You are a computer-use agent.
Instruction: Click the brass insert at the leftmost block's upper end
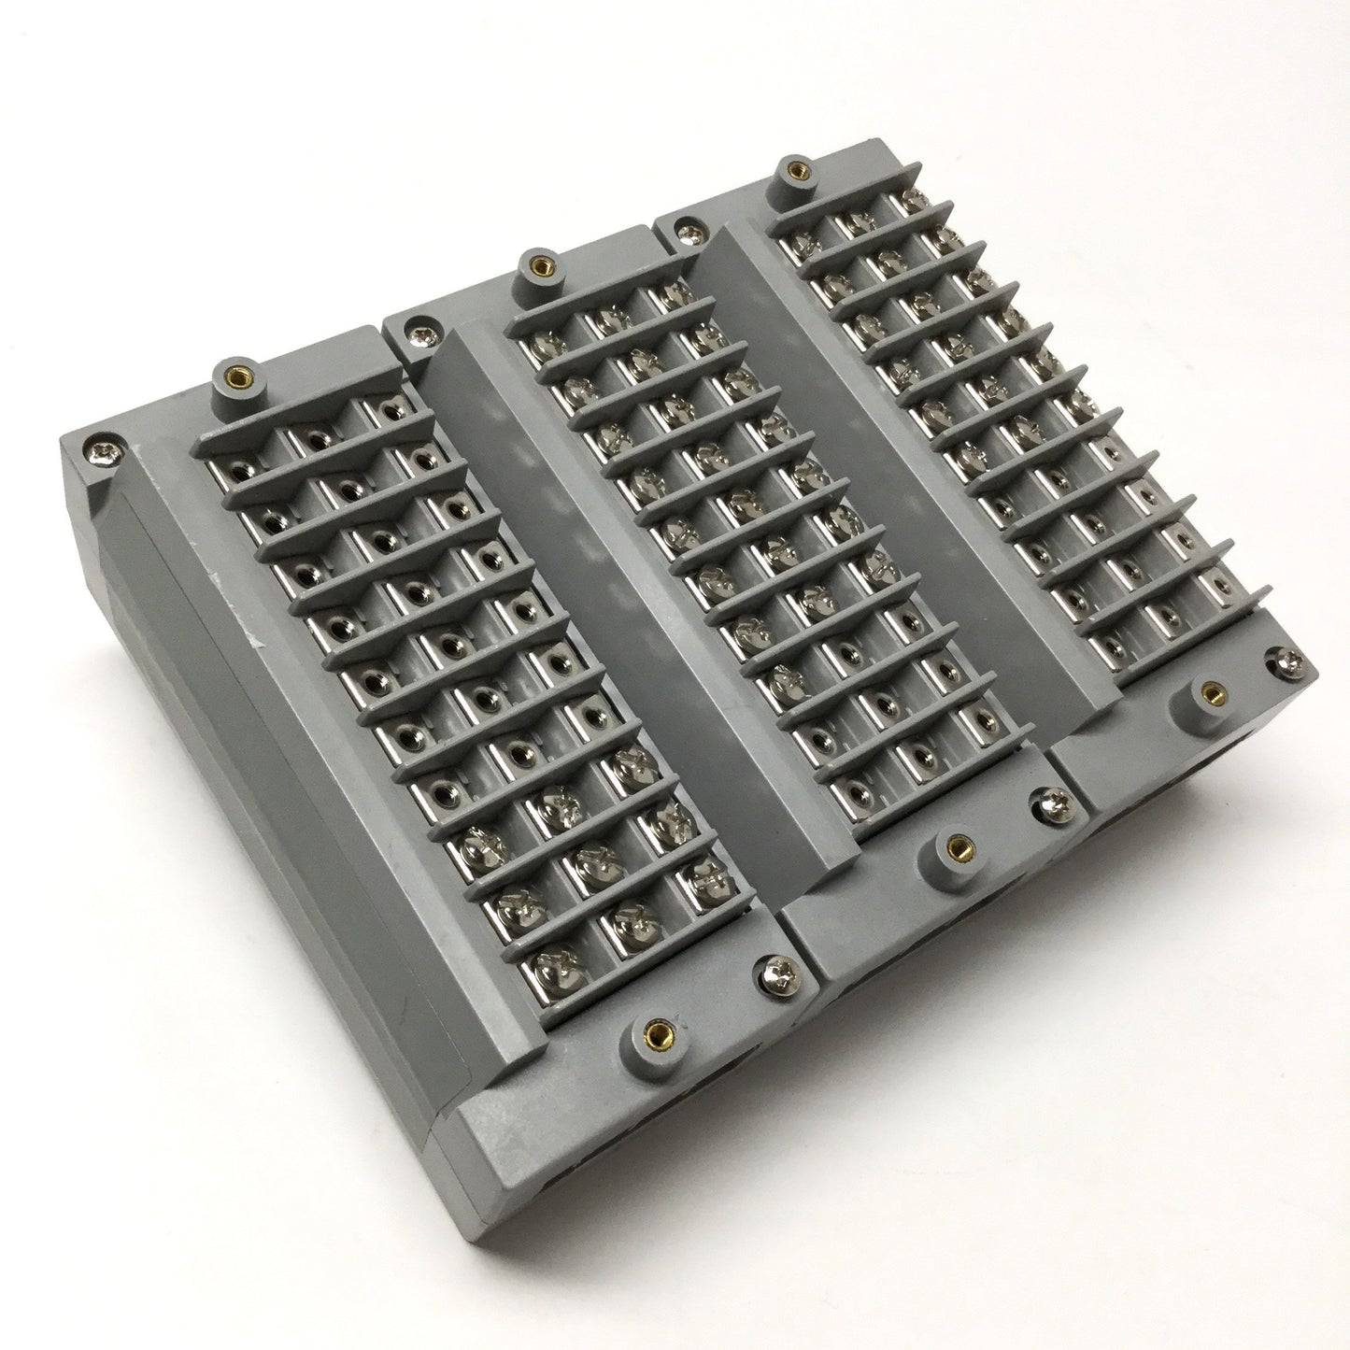click(x=231, y=377)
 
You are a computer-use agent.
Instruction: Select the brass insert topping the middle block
click(x=537, y=265)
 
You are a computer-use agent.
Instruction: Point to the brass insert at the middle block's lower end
click(x=955, y=846)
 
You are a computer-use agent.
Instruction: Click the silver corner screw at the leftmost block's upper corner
click(x=99, y=452)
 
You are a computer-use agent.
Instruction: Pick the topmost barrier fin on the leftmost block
click(x=308, y=406)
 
